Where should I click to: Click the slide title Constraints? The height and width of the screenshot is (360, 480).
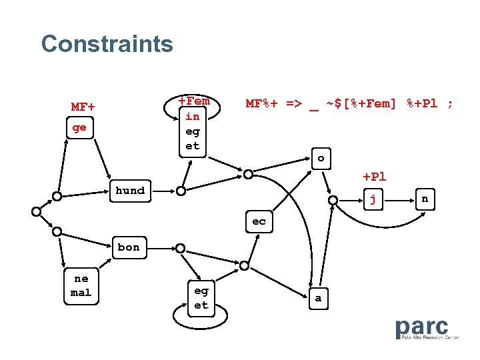[107, 44]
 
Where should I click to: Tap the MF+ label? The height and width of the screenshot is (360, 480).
[83, 107]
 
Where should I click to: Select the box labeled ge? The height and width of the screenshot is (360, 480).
[79, 127]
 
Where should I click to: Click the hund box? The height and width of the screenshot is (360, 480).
[130, 191]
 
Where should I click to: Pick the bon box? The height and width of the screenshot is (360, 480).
[129, 247]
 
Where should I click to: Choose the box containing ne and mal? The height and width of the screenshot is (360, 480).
[81, 285]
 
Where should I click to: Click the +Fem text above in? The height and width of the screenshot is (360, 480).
[194, 101]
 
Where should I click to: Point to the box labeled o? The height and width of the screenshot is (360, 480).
[321, 159]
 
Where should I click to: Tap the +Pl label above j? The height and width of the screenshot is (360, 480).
[374, 177]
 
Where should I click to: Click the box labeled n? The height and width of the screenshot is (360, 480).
[425, 198]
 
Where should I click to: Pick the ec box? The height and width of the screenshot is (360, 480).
[259, 221]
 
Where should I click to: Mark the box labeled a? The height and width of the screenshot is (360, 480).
[318, 298]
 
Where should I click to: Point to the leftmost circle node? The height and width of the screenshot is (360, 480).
[36, 211]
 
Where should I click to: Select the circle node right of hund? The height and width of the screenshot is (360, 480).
[181, 191]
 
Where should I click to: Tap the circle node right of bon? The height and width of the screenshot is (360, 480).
[180, 247]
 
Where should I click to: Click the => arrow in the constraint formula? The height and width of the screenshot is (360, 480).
[293, 103]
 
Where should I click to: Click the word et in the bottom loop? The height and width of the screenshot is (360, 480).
[201, 305]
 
